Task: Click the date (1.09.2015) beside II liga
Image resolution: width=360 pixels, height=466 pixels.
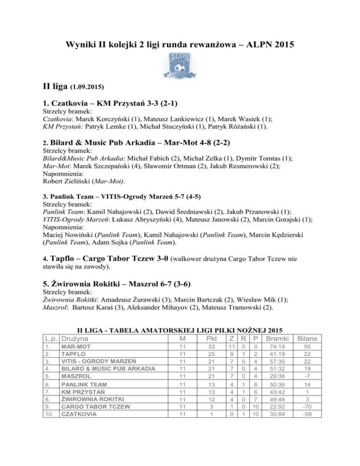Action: click(86, 87)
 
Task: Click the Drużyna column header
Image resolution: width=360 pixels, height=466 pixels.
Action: click(78, 338)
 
